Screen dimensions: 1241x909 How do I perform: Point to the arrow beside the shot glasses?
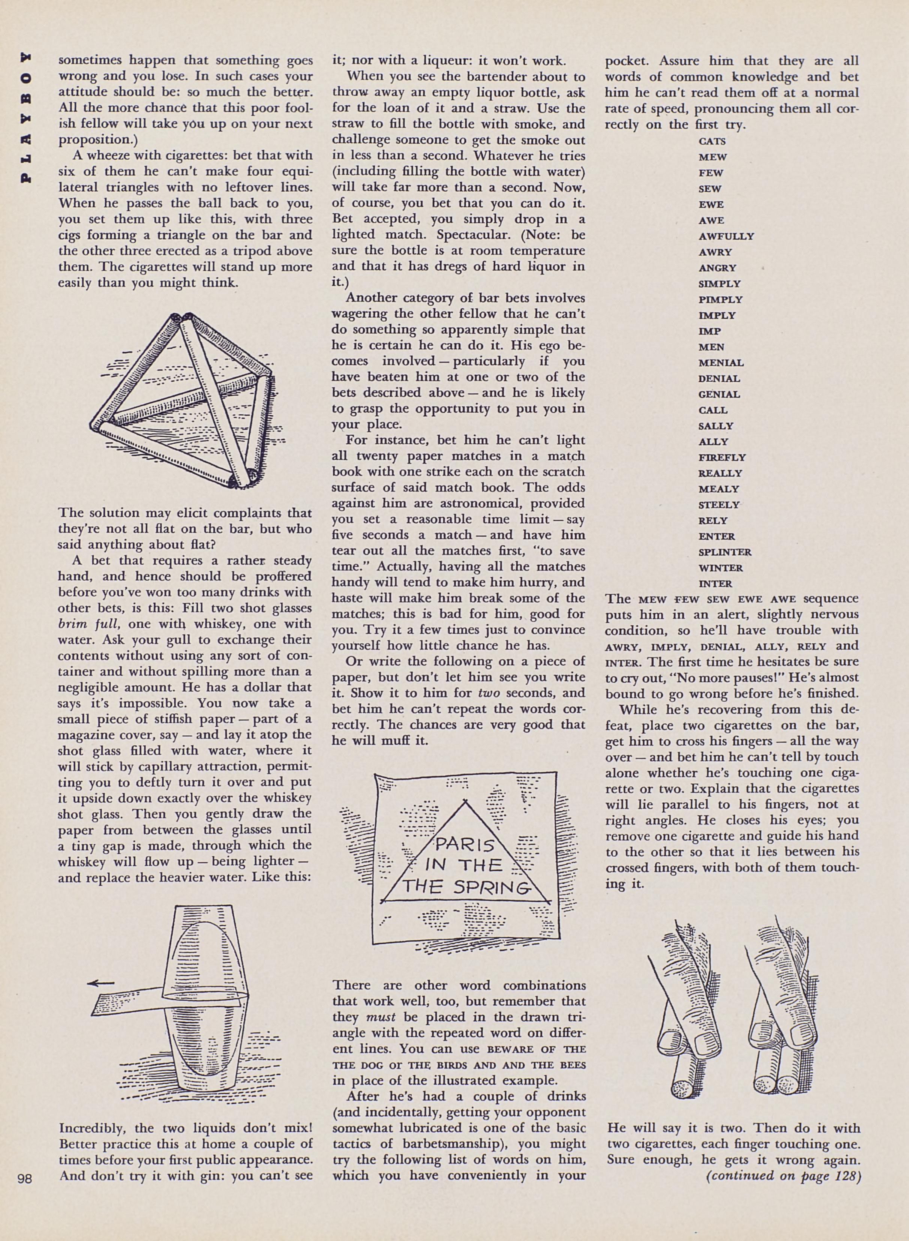tap(102, 983)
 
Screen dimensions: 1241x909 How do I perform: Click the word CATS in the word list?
tap(712, 141)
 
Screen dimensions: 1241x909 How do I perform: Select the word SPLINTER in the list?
tap(724, 552)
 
